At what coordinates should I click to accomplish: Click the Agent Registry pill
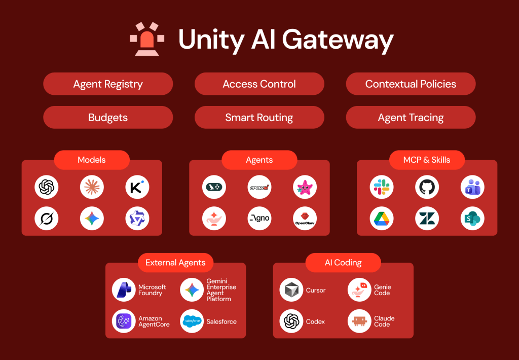tap(108, 84)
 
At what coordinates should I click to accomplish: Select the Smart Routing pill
tap(259, 118)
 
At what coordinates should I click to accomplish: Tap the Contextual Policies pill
tap(411, 84)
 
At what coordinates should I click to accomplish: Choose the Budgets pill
tap(108, 118)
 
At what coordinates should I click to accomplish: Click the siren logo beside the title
tap(146, 39)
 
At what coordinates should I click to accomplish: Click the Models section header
tap(92, 160)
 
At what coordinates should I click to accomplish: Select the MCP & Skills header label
tap(427, 160)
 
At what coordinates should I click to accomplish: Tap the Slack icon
tap(382, 187)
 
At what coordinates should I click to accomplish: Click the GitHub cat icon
tap(427, 187)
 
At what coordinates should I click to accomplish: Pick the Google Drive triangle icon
tap(382, 219)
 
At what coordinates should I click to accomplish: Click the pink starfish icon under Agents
tap(305, 187)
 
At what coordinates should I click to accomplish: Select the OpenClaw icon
tap(305, 219)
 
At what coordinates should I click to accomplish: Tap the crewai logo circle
tap(259, 187)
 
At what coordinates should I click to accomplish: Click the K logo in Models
tap(137, 187)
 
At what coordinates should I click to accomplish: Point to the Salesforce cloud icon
tap(192, 321)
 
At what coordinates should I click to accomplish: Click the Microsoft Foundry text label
tap(152, 290)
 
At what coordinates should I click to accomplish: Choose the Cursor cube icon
tap(291, 290)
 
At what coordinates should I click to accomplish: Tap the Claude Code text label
tap(384, 321)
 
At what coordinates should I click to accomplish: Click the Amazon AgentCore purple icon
tap(124, 321)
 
